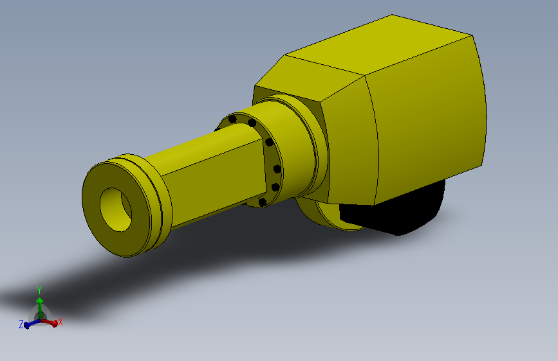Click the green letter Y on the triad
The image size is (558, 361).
coord(39,290)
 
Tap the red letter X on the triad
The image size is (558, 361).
coord(60,322)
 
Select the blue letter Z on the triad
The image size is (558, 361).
coord(21,324)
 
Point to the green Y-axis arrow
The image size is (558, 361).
coord(40,308)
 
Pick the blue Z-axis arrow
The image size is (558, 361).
coord(32,323)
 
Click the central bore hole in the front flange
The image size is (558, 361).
coord(116,210)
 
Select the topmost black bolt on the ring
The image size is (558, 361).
coord(232,119)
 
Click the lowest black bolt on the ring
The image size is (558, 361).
coord(263,202)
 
